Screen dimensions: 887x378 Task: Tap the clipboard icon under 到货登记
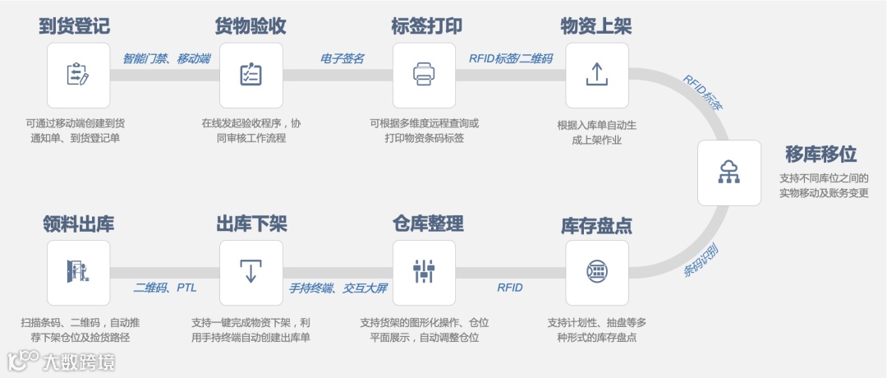coord(78,74)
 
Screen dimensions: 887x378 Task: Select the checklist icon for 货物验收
coord(250,74)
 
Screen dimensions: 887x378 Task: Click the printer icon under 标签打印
coord(424,74)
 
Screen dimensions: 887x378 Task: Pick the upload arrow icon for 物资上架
coord(597,74)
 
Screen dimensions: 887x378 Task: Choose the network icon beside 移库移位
coord(728,173)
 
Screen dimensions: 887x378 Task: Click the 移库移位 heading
coord(820,154)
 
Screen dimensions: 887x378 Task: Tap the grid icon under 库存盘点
coord(597,271)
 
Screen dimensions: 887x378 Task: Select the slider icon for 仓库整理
coord(424,271)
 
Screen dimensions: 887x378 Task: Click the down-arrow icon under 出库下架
coord(250,271)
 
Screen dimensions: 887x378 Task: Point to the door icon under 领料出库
coord(78,271)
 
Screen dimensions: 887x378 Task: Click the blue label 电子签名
coord(342,58)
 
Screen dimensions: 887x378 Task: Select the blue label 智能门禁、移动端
coord(166,58)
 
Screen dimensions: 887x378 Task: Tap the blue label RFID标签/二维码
coord(510,58)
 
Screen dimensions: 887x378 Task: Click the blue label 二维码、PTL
coord(164,288)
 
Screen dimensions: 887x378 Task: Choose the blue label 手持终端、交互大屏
coord(338,288)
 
